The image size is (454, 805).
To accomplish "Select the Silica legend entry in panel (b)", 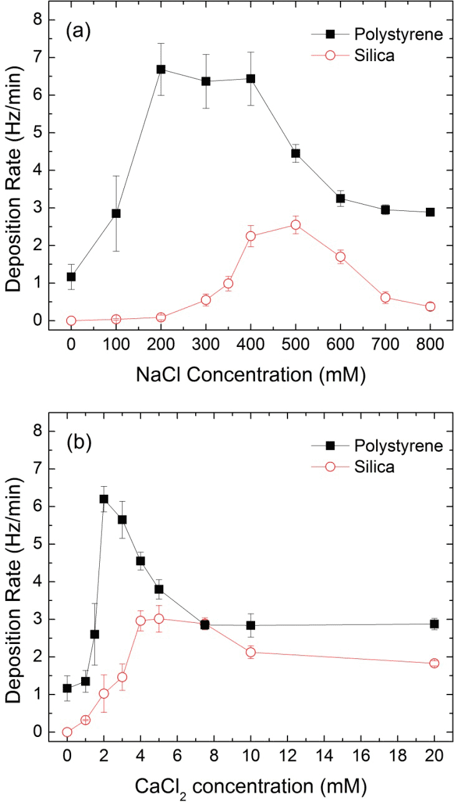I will pyautogui.click(x=374, y=467).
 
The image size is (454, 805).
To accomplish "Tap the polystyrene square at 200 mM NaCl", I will pyautogui.click(x=161, y=69).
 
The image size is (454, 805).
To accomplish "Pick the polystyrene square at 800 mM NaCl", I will pyautogui.click(x=430, y=212).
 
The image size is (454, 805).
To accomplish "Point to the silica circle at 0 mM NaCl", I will pyautogui.click(x=71, y=321).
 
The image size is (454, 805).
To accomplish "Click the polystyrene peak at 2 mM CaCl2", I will pyautogui.click(x=104, y=499).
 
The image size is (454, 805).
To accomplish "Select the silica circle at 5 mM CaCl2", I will pyautogui.click(x=159, y=618).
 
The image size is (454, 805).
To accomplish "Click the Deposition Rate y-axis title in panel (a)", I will pyautogui.click(x=19, y=170).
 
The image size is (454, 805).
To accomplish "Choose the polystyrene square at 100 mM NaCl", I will pyautogui.click(x=116, y=213).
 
